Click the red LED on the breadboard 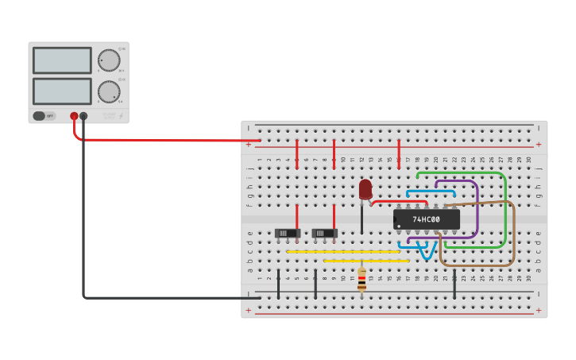pos(365,189)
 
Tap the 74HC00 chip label pos(427,219)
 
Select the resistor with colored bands pos(362,279)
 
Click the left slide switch pos(287,233)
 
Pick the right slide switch pos(324,233)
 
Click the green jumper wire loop pos(504,207)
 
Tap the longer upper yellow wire pos(342,252)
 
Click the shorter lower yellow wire pos(365,261)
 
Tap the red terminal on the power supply pos(74,116)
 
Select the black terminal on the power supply pos(83,116)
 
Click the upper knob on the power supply pos(108,60)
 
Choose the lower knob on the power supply pos(108,91)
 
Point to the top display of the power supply pos(62,60)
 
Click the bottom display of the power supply pos(62,91)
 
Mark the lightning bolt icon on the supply pos(121,116)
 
